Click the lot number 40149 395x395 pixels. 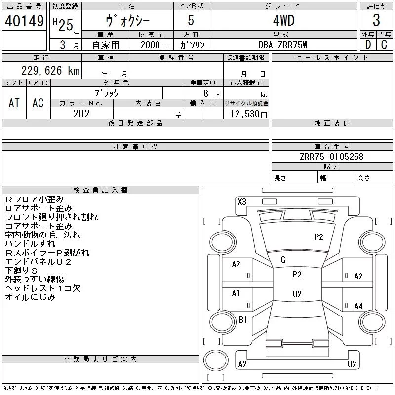click(24, 21)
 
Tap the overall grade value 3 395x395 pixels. click(376, 20)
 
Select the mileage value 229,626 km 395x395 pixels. click(50, 70)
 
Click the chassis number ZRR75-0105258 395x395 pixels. click(332, 157)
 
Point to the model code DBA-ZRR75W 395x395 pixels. click(282, 45)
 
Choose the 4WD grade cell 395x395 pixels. click(284, 20)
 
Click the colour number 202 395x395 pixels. click(81, 114)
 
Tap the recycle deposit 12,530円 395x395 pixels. click(249, 114)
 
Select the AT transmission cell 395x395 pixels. click(14, 103)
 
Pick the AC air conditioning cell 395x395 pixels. click(38, 103)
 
